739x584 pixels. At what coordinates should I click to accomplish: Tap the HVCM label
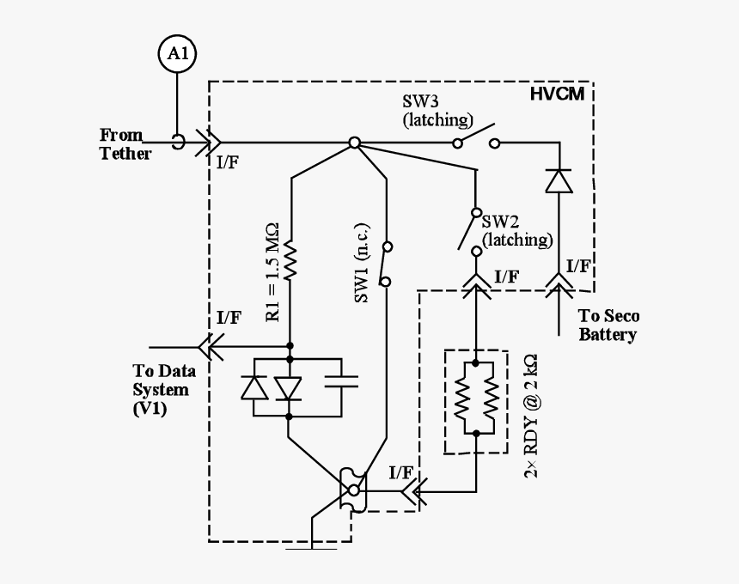coord(557,94)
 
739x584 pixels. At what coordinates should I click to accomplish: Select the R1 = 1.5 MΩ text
coord(272,271)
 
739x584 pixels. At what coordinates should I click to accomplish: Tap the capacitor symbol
coord(341,381)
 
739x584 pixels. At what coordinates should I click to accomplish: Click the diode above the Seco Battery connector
coord(559,181)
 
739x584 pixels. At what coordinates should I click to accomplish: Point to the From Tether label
coord(125,144)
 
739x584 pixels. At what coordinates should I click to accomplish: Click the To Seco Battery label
coord(608,325)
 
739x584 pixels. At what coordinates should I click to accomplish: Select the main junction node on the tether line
coord(353,143)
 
